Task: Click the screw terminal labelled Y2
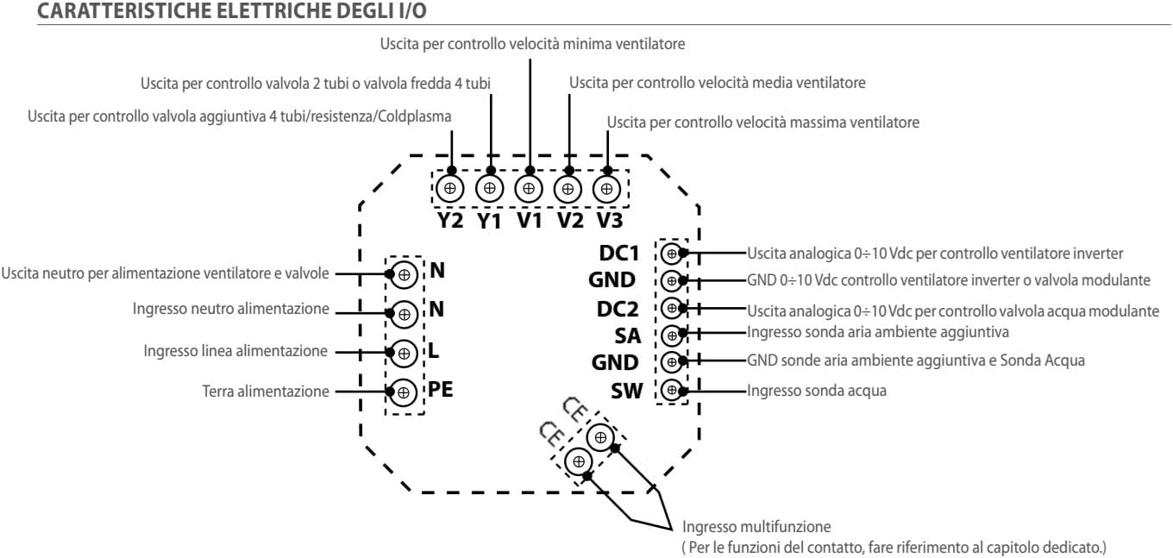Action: [x=449, y=187]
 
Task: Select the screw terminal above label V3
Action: [x=607, y=187]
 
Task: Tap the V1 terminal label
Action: [x=529, y=220]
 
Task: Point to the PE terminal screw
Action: [x=403, y=393]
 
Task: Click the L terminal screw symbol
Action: [x=403, y=353]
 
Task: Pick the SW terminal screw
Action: [x=671, y=389]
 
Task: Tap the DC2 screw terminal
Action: [x=671, y=308]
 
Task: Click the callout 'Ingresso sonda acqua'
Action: [x=817, y=391]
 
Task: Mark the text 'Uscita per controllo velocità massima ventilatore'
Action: [x=763, y=122]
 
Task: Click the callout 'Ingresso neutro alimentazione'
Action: [x=231, y=309]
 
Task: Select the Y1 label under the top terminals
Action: [x=489, y=220]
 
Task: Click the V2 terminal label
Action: [x=569, y=220]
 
